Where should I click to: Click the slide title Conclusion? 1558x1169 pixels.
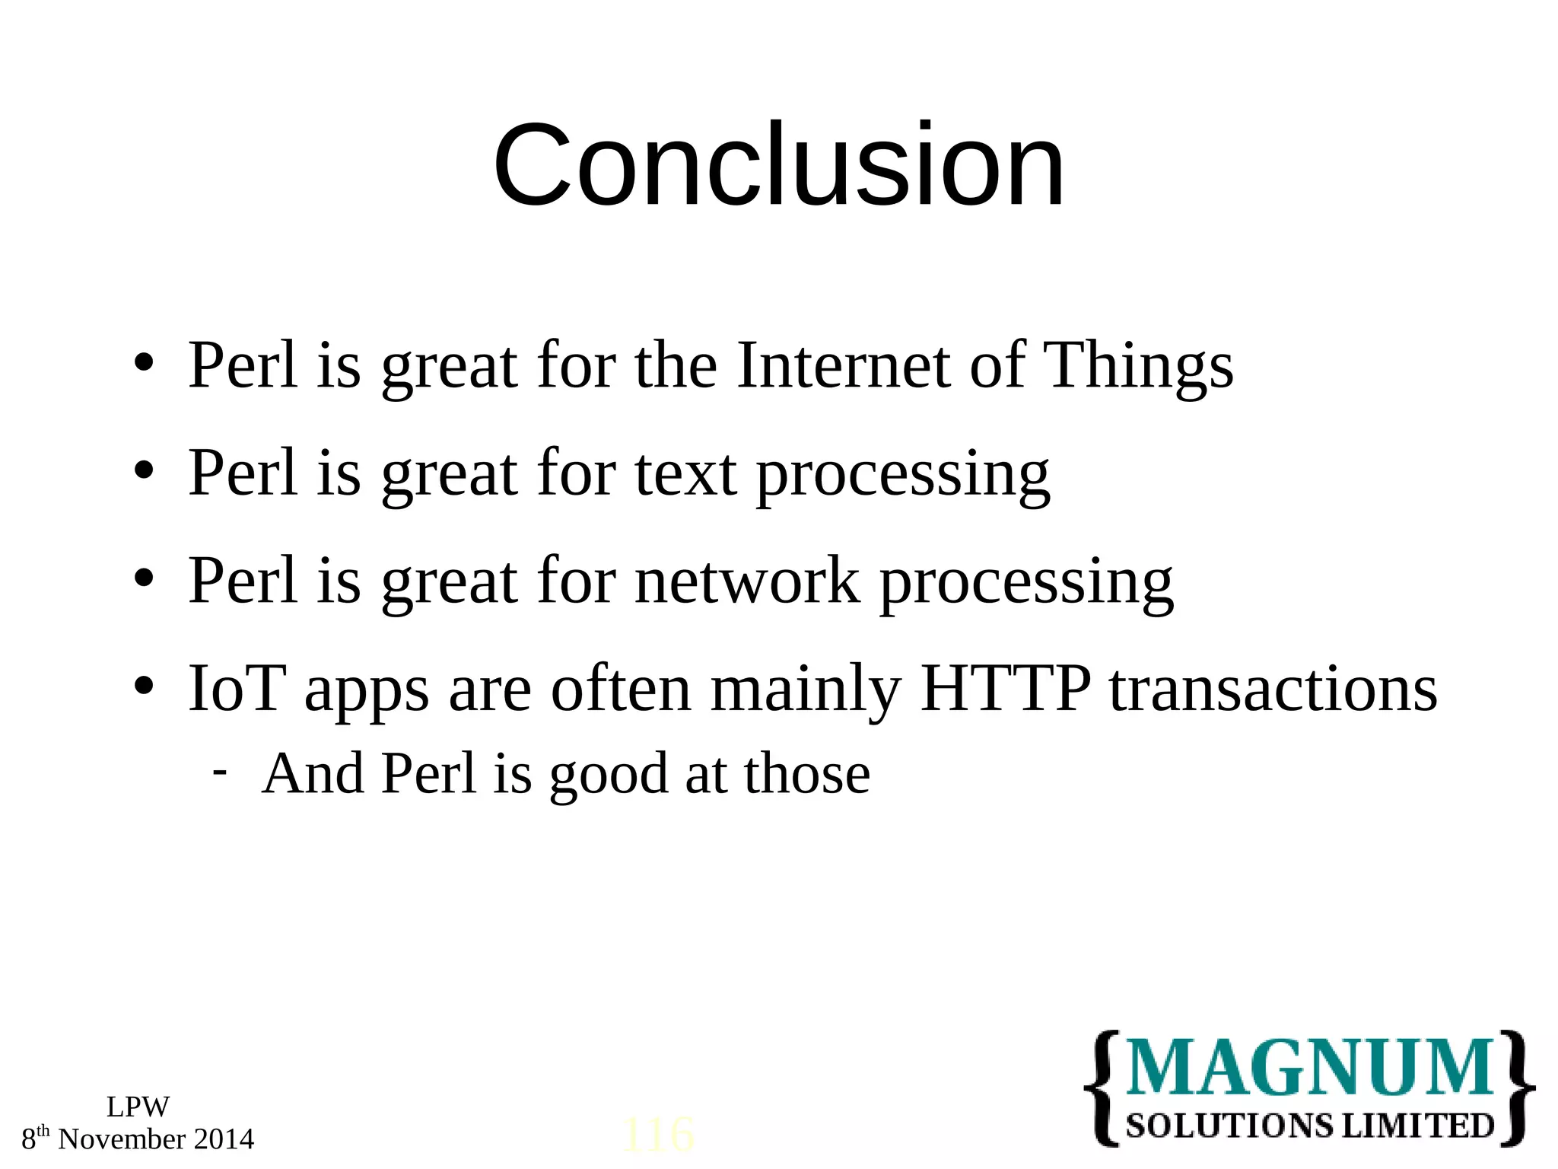(x=778, y=165)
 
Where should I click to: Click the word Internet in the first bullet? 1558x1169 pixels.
(x=844, y=366)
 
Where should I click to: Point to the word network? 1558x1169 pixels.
(x=747, y=581)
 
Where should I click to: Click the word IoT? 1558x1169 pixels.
(x=237, y=689)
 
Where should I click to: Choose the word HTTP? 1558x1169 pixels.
(x=1005, y=689)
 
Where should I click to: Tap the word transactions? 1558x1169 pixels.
(x=1273, y=689)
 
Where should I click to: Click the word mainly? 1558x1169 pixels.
(x=806, y=689)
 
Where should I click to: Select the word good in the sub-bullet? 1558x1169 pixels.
(x=608, y=775)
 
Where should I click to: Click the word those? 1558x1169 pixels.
(x=806, y=773)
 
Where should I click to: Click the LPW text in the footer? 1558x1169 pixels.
(x=138, y=1107)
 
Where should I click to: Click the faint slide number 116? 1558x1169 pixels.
(x=658, y=1135)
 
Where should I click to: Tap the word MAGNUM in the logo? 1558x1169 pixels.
(x=1308, y=1069)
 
